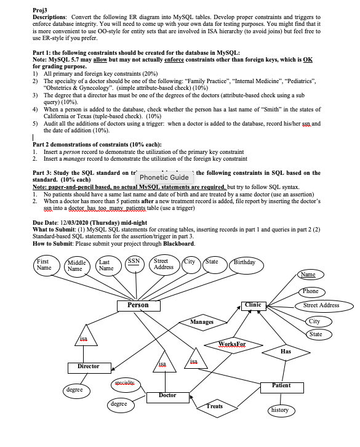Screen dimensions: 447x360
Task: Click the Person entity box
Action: tap(138, 305)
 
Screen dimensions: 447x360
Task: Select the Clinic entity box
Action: tap(254, 305)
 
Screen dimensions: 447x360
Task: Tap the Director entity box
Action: tap(88, 366)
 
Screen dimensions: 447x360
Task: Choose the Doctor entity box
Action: tap(167, 395)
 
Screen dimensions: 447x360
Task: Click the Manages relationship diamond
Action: tap(201, 322)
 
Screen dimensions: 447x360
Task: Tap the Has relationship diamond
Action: tap(286, 352)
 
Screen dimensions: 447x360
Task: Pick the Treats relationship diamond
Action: tap(214, 406)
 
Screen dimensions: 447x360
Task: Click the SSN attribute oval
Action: tap(133, 264)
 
